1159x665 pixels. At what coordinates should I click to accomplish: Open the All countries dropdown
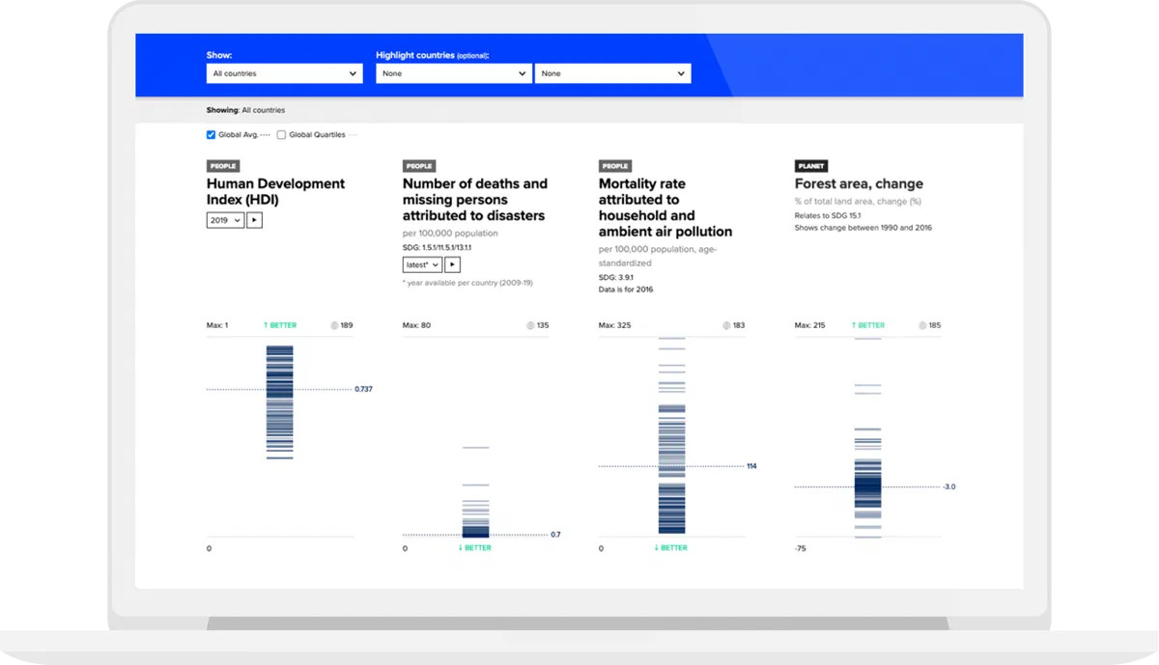coord(284,73)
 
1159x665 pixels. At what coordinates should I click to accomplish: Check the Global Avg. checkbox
coord(211,135)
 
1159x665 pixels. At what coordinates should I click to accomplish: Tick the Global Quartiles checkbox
coord(281,135)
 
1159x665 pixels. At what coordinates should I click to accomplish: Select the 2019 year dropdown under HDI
coord(225,220)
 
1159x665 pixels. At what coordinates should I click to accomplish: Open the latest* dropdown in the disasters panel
coord(422,264)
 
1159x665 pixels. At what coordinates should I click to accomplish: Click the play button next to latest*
coord(452,264)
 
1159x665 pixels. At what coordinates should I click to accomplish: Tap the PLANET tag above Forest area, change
coord(810,166)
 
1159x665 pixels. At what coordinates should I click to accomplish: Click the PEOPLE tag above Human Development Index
coord(223,166)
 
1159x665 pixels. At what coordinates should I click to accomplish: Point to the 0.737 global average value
coord(363,389)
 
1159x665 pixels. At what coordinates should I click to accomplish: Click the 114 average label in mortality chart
coord(751,466)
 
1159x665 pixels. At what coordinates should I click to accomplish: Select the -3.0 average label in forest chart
coord(948,486)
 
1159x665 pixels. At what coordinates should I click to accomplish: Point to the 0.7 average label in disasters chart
coord(555,534)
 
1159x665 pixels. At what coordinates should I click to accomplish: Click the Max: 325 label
coord(614,325)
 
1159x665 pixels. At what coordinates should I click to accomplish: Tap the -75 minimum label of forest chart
coord(801,548)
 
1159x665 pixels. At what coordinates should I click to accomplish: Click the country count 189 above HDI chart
coord(347,325)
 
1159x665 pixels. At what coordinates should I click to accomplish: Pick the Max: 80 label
coord(416,325)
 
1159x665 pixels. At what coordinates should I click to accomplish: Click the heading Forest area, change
coord(859,183)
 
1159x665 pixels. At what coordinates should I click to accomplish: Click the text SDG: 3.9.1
coord(616,277)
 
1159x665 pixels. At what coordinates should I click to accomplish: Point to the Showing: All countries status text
coord(245,110)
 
